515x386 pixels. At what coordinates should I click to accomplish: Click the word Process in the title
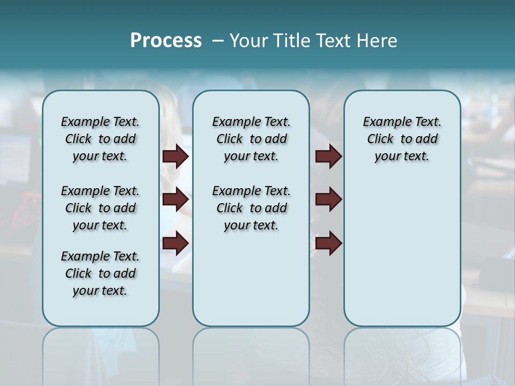(x=166, y=41)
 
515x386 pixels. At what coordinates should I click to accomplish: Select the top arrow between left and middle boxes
(x=175, y=157)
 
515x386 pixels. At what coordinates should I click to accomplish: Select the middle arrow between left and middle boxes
(x=175, y=200)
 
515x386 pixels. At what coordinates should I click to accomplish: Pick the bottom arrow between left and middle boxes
(x=175, y=243)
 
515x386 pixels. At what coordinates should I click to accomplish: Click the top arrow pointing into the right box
(x=328, y=157)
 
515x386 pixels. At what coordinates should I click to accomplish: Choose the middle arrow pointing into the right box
(x=328, y=200)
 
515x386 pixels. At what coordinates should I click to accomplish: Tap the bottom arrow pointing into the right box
(x=328, y=243)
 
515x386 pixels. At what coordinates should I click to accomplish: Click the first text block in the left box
(x=100, y=139)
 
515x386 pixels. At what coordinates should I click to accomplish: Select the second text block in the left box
(x=100, y=208)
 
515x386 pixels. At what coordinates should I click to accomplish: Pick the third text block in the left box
(x=100, y=273)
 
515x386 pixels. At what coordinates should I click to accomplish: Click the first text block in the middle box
(x=251, y=139)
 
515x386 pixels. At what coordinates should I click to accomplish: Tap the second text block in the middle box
(x=251, y=208)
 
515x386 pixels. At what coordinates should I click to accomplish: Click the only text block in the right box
(x=402, y=139)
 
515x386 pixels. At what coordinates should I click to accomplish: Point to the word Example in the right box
(x=382, y=122)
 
